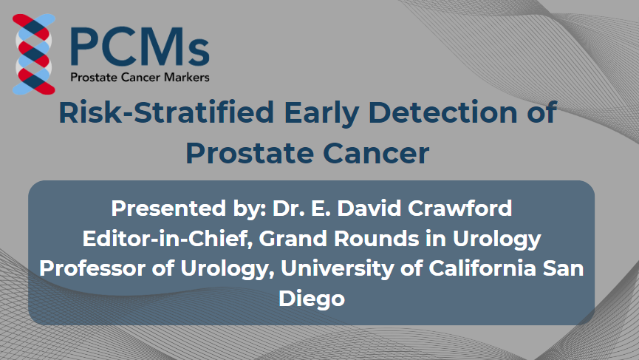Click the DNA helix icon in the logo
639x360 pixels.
pyautogui.click(x=34, y=54)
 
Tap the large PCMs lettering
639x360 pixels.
pyautogui.click(x=140, y=47)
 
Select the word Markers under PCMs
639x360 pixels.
pyautogui.click(x=187, y=77)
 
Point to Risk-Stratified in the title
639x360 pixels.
pyautogui.click(x=166, y=112)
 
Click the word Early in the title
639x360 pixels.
pyautogui.click(x=321, y=113)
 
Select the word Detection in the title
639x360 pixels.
pyautogui.click(x=443, y=112)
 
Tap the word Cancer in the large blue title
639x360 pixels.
pyautogui.click(x=376, y=153)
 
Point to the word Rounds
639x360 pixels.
pyautogui.click(x=377, y=239)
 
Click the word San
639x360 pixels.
pyautogui.click(x=564, y=268)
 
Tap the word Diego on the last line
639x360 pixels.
pyautogui.click(x=312, y=299)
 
